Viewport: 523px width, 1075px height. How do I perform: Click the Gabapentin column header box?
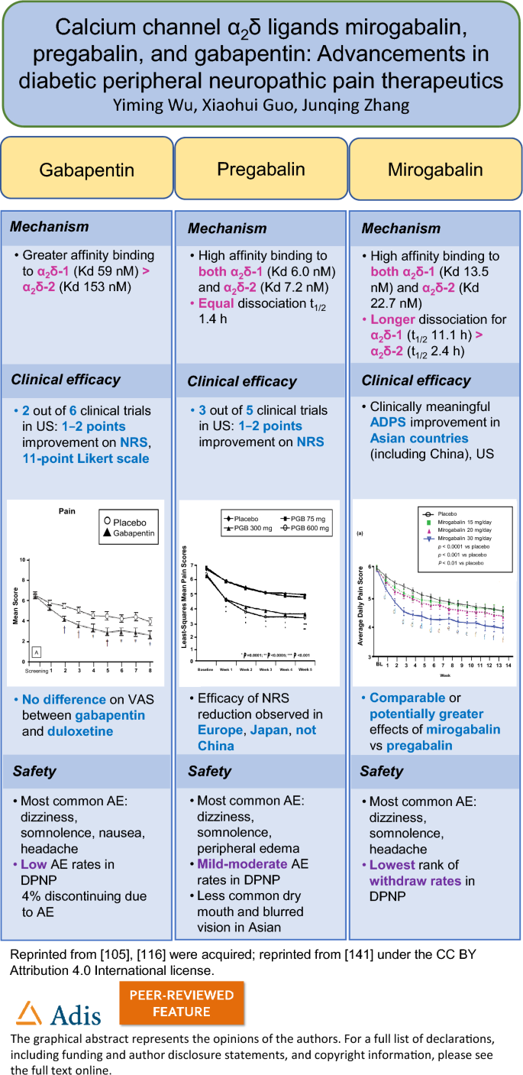[x=87, y=170]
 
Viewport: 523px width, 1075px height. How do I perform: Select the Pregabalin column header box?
[x=261, y=169]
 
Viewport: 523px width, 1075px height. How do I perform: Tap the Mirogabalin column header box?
[x=434, y=169]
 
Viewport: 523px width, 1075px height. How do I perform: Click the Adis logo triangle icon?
[x=30, y=1013]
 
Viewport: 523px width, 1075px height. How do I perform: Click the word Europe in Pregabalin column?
[x=223, y=730]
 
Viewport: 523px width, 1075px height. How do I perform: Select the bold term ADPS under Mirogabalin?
[x=390, y=423]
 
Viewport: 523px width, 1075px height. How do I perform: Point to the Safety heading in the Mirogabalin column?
[x=381, y=772]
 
